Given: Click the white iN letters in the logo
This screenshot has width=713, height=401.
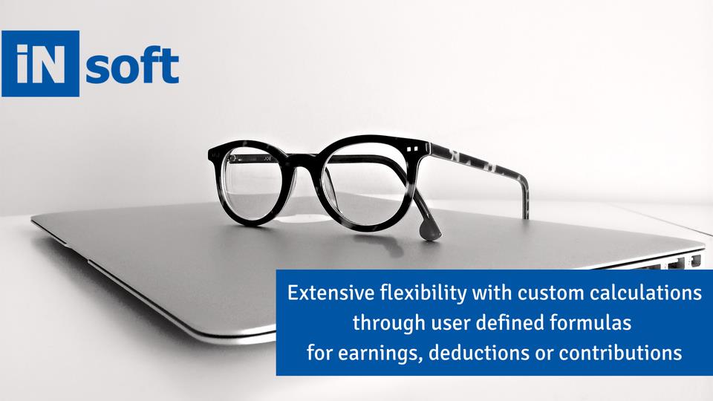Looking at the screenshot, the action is click(40, 64).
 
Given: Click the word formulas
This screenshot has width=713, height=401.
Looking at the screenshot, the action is click(590, 323).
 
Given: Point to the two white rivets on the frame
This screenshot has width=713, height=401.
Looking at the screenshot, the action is click(412, 149).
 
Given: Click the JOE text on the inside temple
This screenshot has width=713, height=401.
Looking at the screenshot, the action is click(262, 159).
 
